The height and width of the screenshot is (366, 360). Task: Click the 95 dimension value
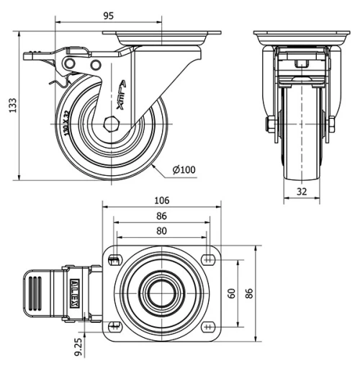click(109, 14)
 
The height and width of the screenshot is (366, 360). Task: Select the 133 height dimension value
click(9, 104)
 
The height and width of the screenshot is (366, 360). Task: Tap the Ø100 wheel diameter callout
click(184, 170)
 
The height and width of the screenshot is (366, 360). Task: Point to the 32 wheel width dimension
click(302, 192)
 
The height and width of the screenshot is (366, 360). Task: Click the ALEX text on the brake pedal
click(74, 293)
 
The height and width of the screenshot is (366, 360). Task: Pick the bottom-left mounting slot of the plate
click(114, 325)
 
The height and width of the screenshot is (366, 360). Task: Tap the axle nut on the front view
click(269, 125)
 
